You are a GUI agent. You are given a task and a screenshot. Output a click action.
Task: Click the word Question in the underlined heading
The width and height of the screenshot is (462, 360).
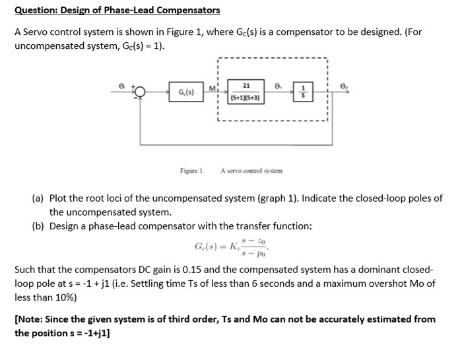[37, 11]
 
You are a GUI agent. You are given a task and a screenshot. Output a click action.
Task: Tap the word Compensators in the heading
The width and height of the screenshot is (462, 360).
[187, 11]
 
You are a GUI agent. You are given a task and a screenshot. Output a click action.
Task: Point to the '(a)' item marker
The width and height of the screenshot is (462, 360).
[39, 198]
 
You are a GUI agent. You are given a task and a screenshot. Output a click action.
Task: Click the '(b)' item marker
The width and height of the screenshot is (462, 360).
[39, 226]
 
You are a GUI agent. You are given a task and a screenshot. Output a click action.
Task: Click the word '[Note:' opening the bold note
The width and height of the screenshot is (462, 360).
[30, 319]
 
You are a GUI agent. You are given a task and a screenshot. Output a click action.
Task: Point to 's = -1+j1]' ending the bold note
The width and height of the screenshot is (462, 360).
[82, 333]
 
